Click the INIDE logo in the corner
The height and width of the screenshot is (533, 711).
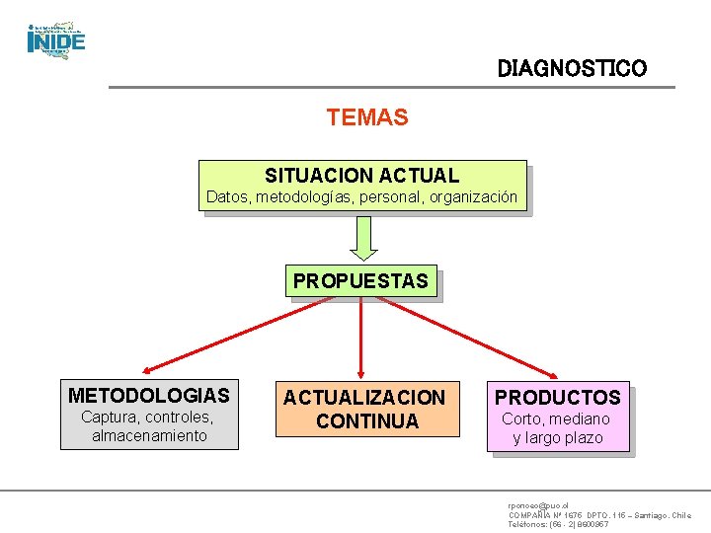pos(56,39)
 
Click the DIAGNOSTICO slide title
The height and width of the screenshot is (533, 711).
pos(572,69)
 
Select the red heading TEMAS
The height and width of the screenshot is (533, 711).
pos(366,117)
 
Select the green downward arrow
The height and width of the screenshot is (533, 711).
pos(363,238)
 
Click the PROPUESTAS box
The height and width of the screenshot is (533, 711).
pos(360,281)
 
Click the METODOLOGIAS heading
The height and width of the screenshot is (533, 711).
pos(149,396)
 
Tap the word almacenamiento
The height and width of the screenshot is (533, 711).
pos(149,435)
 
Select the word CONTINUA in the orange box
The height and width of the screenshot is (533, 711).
pos(365,421)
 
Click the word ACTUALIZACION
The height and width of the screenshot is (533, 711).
pos(365,398)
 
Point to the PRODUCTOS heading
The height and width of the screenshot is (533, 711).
pos(558,398)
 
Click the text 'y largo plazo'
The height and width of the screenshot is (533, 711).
pos(558,438)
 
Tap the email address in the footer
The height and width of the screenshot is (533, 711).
pos(538,504)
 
